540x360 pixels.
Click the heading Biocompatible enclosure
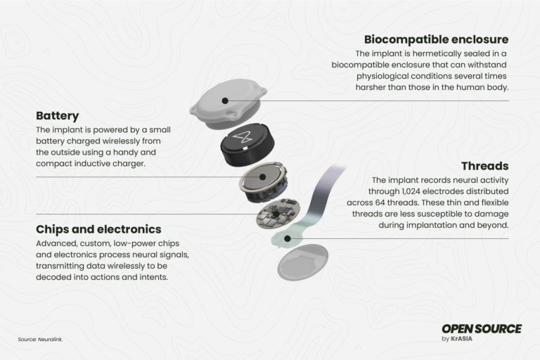click(x=436, y=39)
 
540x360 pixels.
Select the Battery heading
click(x=58, y=115)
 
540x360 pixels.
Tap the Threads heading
click(x=484, y=167)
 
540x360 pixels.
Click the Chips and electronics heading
click(x=98, y=229)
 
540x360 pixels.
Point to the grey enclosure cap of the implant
click(x=229, y=105)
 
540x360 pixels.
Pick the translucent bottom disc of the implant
click(x=302, y=264)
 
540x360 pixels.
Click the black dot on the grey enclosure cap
click(x=225, y=101)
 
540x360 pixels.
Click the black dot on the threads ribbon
click(x=288, y=239)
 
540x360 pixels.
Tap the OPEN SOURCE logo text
click(x=482, y=328)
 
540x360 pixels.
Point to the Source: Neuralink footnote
click(x=40, y=340)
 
